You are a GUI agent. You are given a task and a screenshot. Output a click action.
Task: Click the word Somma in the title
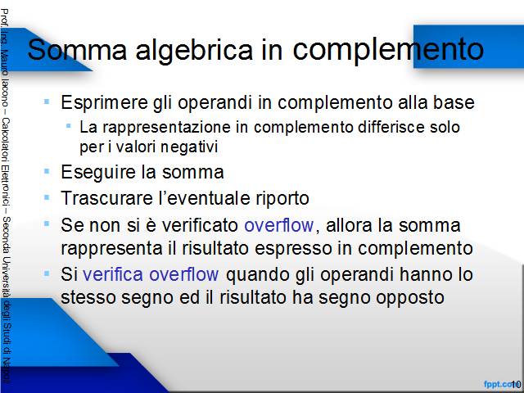[x=77, y=49]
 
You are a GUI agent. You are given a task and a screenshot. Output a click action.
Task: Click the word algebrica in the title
[x=194, y=50]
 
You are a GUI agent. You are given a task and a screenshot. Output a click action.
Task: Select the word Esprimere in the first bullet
[x=104, y=102]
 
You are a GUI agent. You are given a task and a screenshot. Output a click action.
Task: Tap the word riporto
[x=282, y=199]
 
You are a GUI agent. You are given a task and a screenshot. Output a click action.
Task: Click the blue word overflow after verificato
[x=279, y=224]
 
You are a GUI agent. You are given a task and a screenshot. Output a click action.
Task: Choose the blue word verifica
[x=113, y=274]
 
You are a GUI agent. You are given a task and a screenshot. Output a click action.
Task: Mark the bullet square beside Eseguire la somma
[x=47, y=171]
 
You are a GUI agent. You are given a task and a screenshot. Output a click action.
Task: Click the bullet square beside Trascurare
[x=47, y=197]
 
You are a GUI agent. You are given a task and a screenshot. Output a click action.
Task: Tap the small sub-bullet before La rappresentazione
[x=69, y=126]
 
